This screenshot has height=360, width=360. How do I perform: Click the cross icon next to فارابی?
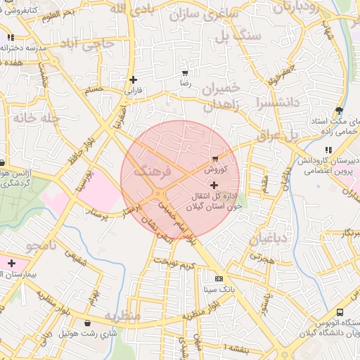(x=132, y=79)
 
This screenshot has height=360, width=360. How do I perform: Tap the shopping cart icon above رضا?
(x=184, y=73)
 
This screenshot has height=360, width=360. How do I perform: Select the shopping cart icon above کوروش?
(x=214, y=159)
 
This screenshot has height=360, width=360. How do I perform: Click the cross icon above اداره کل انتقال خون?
(x=214, y=185)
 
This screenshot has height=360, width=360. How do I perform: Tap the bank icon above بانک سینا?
(x=219, y=278)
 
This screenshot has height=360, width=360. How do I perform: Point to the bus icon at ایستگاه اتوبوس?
(x=340, y=312)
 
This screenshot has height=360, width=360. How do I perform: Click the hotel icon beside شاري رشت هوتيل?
(x=87, y=323)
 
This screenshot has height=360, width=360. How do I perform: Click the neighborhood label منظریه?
(x=123, y=316)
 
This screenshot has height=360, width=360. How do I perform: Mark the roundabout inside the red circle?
(x=160, y=194)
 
